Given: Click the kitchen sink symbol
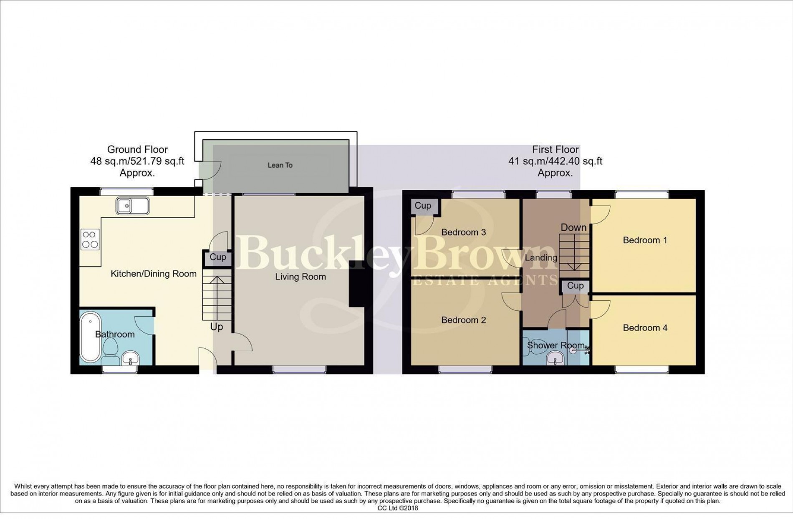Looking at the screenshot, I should tap(133, 206).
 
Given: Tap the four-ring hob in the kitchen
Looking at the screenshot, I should tap(91, 239).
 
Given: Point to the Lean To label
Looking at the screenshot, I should tap(280, 165).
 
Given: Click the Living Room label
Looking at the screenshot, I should tap(300, 277).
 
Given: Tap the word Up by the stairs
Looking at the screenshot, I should tap(216, 327).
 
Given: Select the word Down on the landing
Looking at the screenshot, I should tap(573, 227).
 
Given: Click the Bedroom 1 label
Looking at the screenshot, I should tap(644, 240).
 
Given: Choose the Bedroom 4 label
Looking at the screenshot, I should tap(645, 328).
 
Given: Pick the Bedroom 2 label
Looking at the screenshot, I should tap(463, 320).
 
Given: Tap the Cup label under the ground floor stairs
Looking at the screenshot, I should tap(217, 257).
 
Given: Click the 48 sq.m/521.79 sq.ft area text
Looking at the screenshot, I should tap(137, 161).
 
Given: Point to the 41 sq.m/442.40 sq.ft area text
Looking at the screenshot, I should tap(555, 161).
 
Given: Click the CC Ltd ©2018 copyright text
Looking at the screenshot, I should tap(397, 508).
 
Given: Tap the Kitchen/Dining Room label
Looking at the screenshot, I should tap(153, 274).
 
